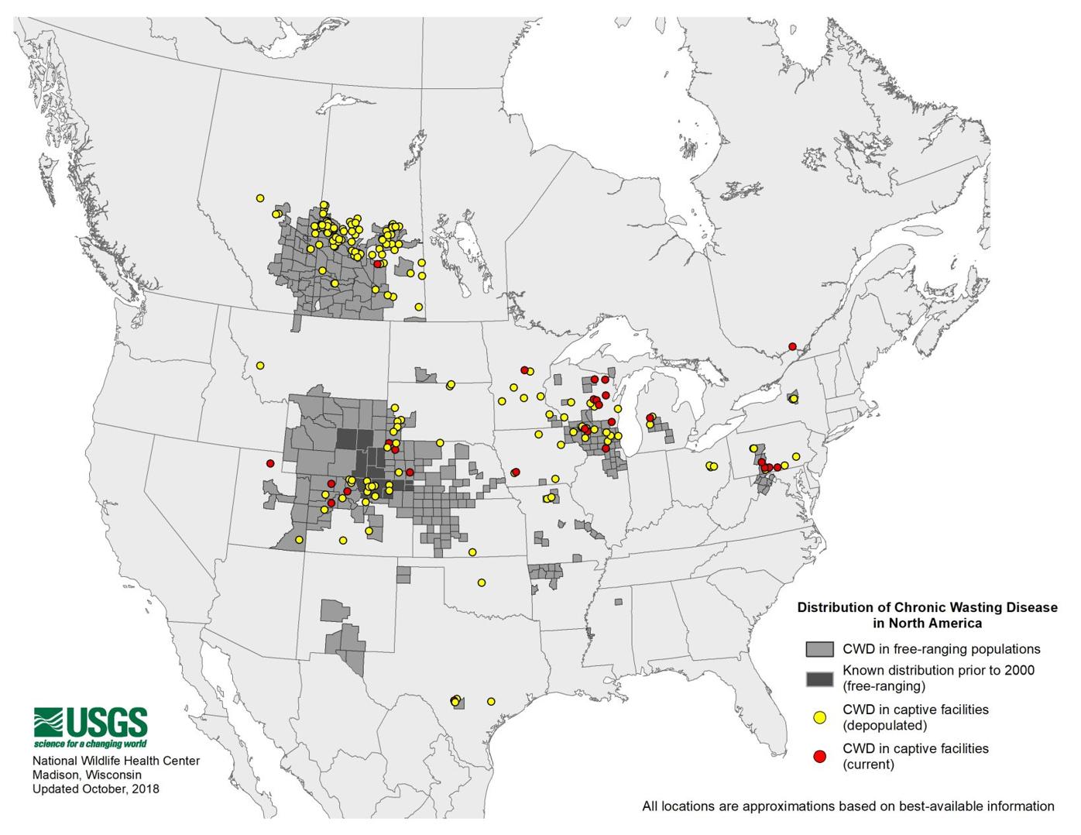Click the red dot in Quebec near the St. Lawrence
click(792, 346)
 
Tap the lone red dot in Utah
click(270, 463)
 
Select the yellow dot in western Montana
click(260, 365)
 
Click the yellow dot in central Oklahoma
click(481, 582)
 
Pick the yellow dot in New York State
click(793, 399)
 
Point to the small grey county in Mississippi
click(618, 602)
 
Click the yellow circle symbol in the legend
click(819, 716)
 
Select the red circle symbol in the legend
click(819, 756)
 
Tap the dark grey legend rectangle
click(819, 679)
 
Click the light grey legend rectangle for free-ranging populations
click(819, 649)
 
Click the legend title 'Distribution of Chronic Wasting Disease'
click(927, 608)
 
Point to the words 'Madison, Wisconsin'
click(87, 775)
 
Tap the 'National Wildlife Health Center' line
click(115, 761)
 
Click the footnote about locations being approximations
click(848, 806)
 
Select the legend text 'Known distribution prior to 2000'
click(939, 671)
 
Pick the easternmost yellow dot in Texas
click(491, 701)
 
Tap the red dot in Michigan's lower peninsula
click(650, 418)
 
